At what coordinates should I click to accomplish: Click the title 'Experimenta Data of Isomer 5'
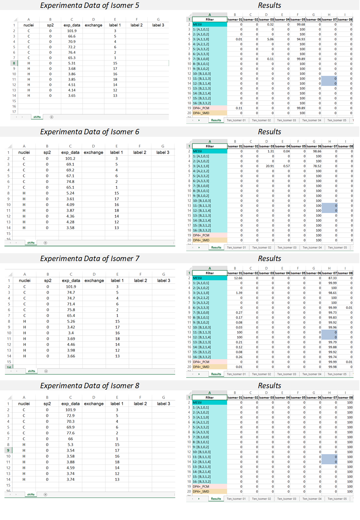90,5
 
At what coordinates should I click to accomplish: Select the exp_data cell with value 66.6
72,36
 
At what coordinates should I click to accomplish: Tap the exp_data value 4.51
72,85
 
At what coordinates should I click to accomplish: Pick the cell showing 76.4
72,52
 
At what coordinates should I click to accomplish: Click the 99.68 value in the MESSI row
301,25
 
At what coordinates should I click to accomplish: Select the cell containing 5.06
270,39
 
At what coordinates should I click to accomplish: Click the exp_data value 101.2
70,159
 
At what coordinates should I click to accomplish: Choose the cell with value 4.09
70,205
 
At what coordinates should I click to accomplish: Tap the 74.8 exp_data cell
70,182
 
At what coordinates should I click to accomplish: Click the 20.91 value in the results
270,166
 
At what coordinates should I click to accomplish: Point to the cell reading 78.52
317,166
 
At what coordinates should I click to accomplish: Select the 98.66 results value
317,151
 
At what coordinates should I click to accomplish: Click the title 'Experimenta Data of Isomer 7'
90,259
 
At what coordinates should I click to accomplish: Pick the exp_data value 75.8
71,310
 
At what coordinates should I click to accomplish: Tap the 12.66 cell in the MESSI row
238,278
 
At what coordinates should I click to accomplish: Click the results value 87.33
332,278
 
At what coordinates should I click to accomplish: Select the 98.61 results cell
332,293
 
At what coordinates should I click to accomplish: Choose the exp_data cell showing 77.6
71,433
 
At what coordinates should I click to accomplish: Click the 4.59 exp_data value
71,468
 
